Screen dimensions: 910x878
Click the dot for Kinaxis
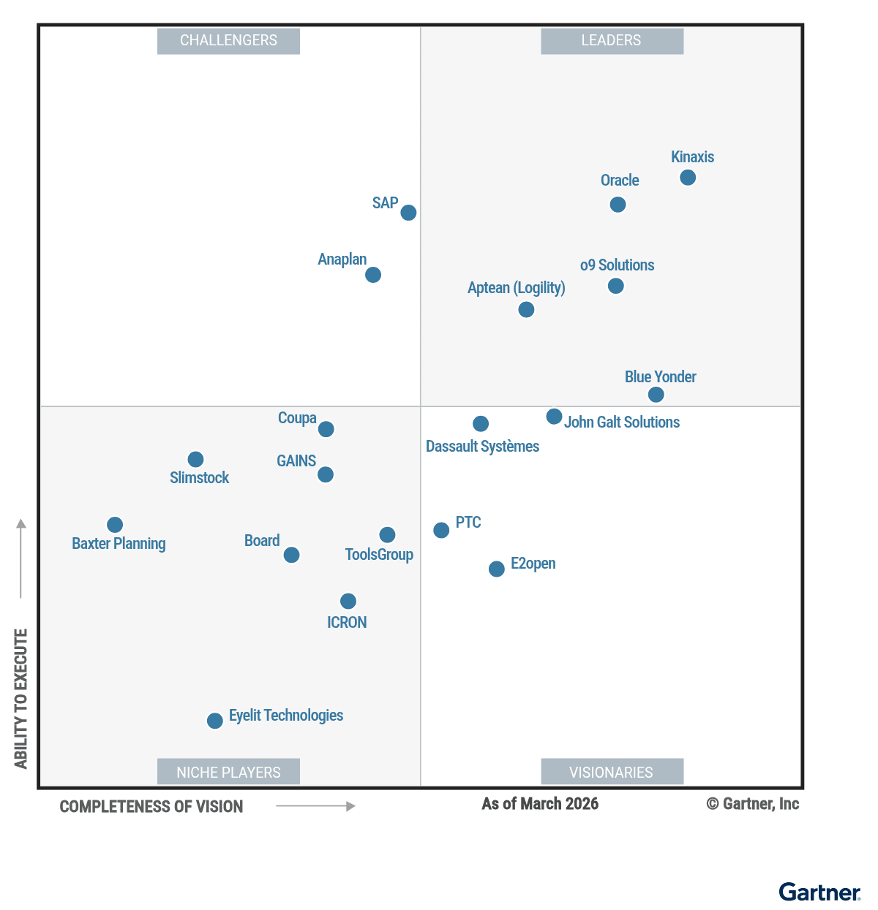tap(688, 178)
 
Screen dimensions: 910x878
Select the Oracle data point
tap(618, 205)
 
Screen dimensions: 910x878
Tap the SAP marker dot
tap(409, 213)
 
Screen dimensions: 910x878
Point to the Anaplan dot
tap(373, 275)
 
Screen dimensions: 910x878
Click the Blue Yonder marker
tap(656, 395)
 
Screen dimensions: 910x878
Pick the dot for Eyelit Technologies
tap(215, 721)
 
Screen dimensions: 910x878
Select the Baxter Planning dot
tap(115, 525)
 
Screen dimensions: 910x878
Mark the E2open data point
tap(497, 569)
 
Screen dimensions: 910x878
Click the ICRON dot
tap(348, 601)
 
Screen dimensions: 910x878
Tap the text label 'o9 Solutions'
tap(617, 265)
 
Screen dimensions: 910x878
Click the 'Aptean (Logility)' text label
tap(516, 288)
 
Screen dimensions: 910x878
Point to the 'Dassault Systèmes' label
tap(482, 447)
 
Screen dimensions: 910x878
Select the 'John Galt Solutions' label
tap(621, 422)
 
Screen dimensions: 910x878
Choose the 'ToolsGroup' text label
tap(379, 555)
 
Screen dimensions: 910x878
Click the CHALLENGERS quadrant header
tap(228, 41)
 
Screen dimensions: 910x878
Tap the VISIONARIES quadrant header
tap(612, 772)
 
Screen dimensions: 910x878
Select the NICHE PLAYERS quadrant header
tap(228, 772)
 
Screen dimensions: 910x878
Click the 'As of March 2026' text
tap(540, 804)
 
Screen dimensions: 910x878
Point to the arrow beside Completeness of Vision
tap(315, 806)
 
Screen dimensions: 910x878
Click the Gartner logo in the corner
tap(819, 892)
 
